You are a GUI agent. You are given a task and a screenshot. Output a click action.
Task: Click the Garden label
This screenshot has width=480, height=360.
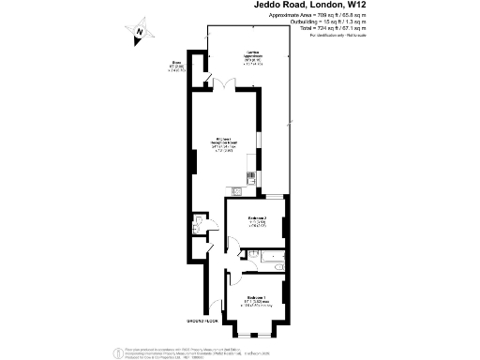(x=253, y=55)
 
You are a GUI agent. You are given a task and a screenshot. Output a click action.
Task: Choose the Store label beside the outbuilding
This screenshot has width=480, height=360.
(x=175, y=67)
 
